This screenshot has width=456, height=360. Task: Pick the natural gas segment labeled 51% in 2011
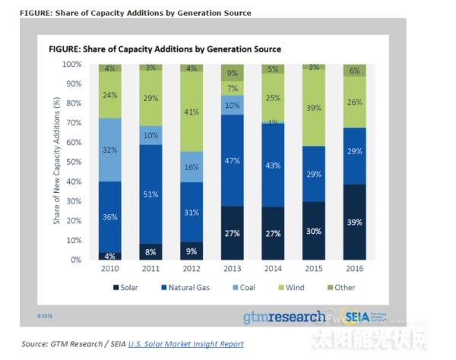coord(151,194)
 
